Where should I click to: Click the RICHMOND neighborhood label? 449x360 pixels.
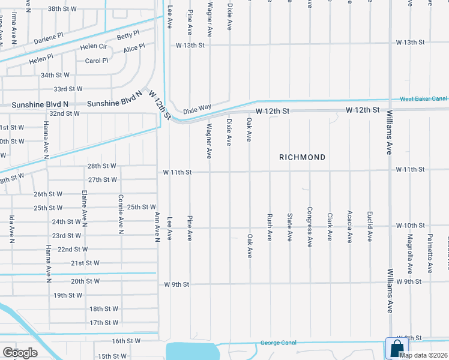pyautogui.click(x=303, y=157)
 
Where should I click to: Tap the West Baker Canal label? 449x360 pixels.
pyautogui.click(x=424, y=98)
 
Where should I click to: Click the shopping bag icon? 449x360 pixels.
pyautogui.click(x=397, y=347)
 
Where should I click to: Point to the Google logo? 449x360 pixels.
pyautogui.click(x=20, y=352)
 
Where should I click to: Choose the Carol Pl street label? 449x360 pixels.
pyautogui.click(x=96, y=61)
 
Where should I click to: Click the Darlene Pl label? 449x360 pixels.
pyautogui.click(x=49, y=38)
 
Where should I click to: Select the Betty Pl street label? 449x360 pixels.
pyautogui.click(x=128, y=35)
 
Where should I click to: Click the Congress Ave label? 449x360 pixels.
pyautogui.click(x=309, y=223)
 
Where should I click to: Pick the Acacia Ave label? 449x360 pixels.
pyautogui.click(x=349, y=226)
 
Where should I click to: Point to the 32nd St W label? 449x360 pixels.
pyautogui.click(x=65, y=113)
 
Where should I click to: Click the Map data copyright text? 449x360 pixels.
pyautogui.click(x=424, y=355)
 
